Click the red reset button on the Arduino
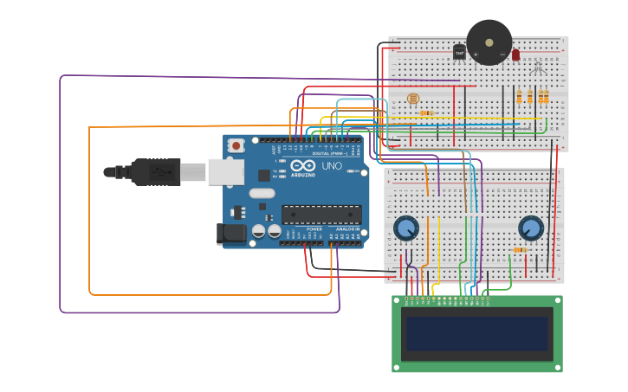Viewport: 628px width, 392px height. point(236,145)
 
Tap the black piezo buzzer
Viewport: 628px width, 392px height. point(489,42)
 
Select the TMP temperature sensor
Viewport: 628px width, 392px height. point(459,52)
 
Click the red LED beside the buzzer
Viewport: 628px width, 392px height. point(515,55)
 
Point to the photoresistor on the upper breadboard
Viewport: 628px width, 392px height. point(413,99)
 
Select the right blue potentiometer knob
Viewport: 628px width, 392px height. point(530,228)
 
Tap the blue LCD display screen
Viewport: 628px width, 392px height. point(476,333)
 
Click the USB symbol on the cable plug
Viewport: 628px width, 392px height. point(159,172)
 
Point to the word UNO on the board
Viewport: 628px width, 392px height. point(332,165)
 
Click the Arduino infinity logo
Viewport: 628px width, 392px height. point(302,165)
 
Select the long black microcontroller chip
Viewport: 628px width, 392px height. point(321,215)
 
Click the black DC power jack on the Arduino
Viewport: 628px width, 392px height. point(230,233)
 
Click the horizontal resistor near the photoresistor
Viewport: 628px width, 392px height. point(426,112)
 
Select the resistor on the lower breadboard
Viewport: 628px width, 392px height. point(520,250)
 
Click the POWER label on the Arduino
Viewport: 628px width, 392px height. point(314,229)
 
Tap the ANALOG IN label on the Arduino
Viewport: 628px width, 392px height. point(346,229)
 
